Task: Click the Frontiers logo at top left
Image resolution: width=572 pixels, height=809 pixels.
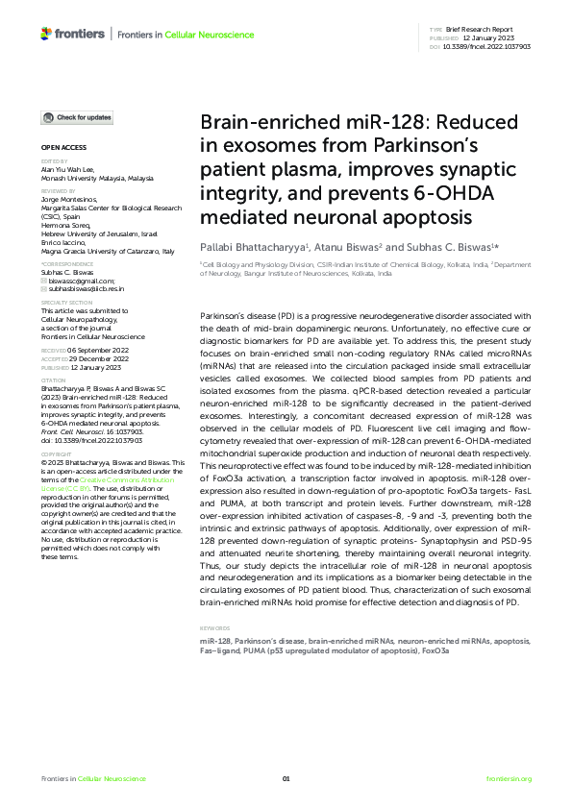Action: coord(72,35)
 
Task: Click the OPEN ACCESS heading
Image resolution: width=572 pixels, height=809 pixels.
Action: coord(63,148)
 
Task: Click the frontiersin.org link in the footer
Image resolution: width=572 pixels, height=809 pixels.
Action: coord(509,778)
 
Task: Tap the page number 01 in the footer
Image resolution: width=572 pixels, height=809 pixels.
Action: coord(286,778)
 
